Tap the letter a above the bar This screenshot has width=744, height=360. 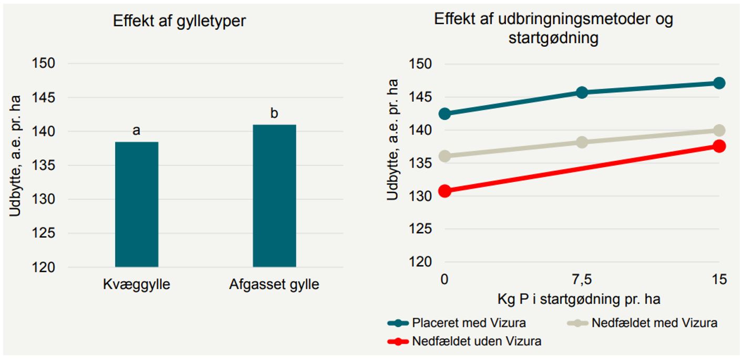click(x=137, y=131)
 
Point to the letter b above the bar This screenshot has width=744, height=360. click(x=274, y=114)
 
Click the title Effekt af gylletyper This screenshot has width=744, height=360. click(x=180, y=22)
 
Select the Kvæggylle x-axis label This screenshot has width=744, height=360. click(x=136, y=285)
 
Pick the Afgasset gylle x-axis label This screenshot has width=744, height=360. click(x=274, y=285)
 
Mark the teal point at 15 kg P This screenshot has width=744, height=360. click(x=719, y=83)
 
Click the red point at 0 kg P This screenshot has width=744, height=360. click(x=445, y=191)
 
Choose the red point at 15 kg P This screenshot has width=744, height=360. click(x=719, y=146)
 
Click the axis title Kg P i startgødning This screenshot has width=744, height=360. click(x=578, y=300)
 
